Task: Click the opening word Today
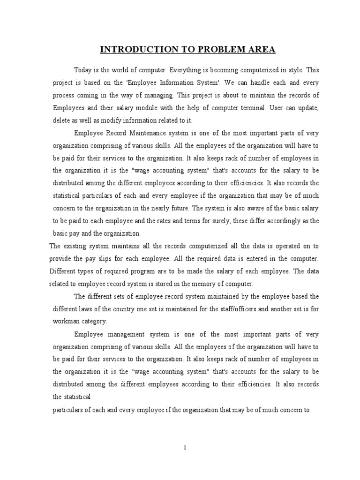(x=83, y=70)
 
